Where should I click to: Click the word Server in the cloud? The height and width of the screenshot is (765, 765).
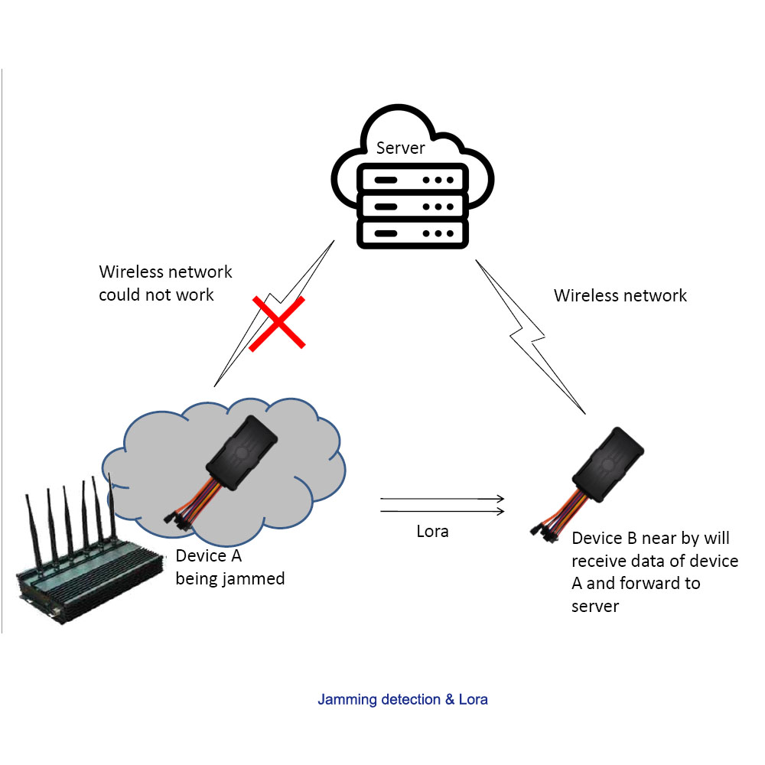pos(400,148)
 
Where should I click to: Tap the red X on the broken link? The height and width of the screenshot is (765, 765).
pos(277,323)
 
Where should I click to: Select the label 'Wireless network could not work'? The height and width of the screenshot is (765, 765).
pos(165,283)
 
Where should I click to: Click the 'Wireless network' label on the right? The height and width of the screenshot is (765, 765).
pos(620,295)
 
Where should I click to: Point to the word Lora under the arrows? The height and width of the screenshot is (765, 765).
pos(432,532)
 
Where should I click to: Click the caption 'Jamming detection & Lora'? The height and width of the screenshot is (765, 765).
pos(402,699)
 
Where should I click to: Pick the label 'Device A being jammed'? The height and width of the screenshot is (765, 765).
pos(229,567)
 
